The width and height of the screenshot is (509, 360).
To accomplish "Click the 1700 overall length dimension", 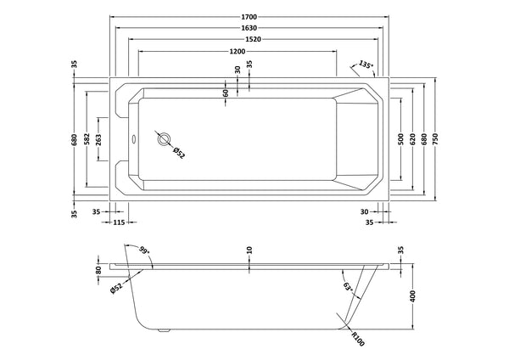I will point(249,14).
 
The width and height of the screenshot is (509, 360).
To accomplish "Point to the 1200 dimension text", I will point(238,52).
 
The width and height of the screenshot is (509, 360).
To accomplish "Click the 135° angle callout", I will point(365,65).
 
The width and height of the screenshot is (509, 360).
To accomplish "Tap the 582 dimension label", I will point(87,139).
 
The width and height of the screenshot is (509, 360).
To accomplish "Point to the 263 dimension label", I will point(99,139).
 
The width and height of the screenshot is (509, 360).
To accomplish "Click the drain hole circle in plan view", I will point(164,141).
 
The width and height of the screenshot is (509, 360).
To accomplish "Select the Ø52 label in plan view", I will point(179,153).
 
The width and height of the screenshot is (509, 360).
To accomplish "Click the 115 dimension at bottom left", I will point(119,222).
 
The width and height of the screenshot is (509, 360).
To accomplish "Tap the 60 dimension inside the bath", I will point(226,93).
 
